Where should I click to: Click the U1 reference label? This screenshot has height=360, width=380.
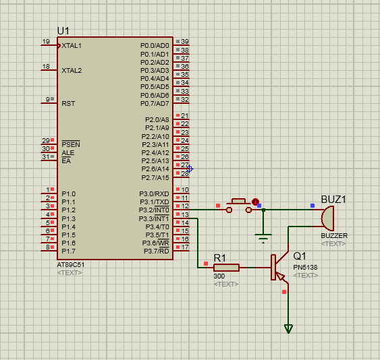tap(63, 31)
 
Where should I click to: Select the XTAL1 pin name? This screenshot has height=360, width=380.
tap(72, 46)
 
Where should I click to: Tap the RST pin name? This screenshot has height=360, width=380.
tap(68, 104)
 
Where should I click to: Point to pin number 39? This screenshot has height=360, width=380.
tap(185, 41)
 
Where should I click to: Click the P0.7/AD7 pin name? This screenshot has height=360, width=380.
tap(155, 104)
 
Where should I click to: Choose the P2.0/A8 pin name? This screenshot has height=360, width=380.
tap(157, 120)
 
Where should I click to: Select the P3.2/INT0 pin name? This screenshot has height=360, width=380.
tap(154, 210)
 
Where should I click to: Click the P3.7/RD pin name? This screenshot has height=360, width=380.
tap(157, 251)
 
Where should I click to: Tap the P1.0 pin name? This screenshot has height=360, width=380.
tap(69, 194)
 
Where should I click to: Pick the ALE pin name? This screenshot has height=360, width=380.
tap(68, 153)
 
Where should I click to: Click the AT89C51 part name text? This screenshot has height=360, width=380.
tap(71, 265)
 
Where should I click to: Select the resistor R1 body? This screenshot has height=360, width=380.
tap(226, 268)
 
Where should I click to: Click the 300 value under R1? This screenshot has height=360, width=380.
tap(219, 276)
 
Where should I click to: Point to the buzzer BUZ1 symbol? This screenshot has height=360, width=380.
tap(327, 218)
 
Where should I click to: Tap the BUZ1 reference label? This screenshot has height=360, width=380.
tap(333, 200)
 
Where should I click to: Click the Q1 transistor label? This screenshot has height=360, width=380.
tap(300, 256)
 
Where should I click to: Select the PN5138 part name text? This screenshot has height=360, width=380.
tap(305, 267)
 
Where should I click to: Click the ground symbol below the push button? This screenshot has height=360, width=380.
tap(263, 238)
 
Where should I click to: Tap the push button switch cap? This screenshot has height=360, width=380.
tap(239, 201)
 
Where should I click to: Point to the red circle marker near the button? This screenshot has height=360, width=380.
tap(255, 202)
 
